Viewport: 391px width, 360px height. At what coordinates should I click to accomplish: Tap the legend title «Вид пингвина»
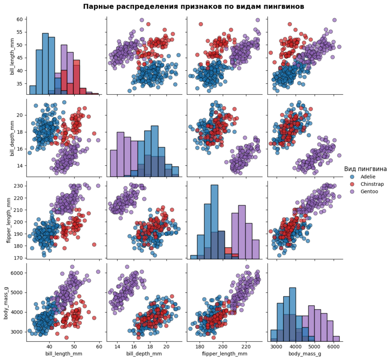pyautogui.click(x=365, y=168)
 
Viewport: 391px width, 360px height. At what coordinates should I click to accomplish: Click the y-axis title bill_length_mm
pyautogui.click(x=7, y=56)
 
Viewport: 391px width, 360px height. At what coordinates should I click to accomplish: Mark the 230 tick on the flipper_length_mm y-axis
pyautogui.click(x=19, y=186)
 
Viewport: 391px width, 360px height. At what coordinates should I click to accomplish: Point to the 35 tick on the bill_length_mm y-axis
pyautogui.click(x=20, y=81)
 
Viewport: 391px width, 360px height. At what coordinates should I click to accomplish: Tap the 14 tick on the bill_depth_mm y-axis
pyautogui.click(x=20, y=165)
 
